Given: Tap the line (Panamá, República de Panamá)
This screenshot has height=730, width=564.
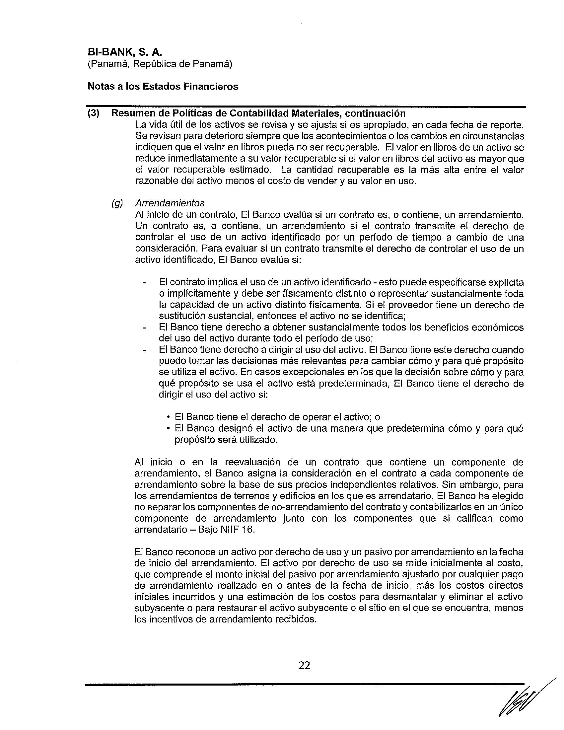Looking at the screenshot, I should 160,63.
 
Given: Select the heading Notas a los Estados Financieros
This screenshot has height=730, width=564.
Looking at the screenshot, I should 163,87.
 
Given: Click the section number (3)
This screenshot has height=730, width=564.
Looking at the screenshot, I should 93,113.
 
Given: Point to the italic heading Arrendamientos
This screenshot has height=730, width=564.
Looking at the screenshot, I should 170,203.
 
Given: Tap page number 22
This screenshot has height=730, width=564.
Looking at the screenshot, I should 304,666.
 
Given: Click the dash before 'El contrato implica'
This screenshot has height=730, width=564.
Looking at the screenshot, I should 144,283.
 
